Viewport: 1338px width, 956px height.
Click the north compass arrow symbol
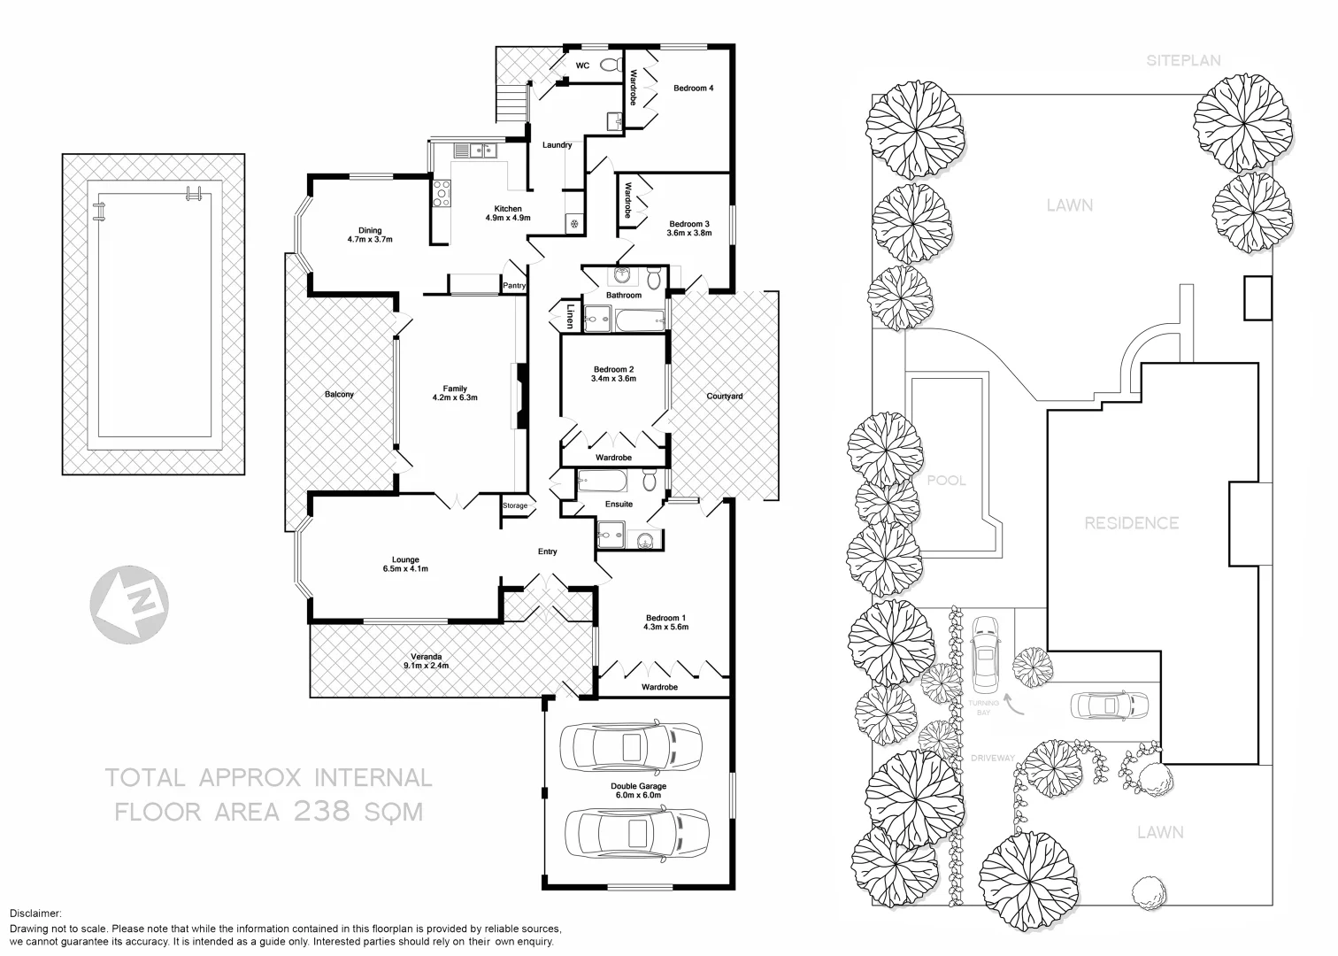click(130, 607)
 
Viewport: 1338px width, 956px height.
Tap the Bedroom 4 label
click(693, 89)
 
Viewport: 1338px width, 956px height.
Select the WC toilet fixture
click(609, 65)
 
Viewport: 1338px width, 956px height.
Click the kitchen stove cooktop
click(442, 193)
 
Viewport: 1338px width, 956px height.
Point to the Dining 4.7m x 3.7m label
click(369, 235)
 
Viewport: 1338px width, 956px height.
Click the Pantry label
click(513, 286)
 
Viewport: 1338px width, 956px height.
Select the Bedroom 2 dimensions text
click(613, 379)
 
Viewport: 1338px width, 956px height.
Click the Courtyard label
click(724, 397)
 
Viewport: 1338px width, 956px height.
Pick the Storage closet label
click(515, 506)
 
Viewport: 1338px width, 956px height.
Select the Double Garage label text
click(638, 786)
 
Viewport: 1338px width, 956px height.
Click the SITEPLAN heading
click(1183, 61)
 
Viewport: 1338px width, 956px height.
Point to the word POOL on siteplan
click(946, 481)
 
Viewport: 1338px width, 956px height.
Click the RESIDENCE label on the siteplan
click(1131, 523)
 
